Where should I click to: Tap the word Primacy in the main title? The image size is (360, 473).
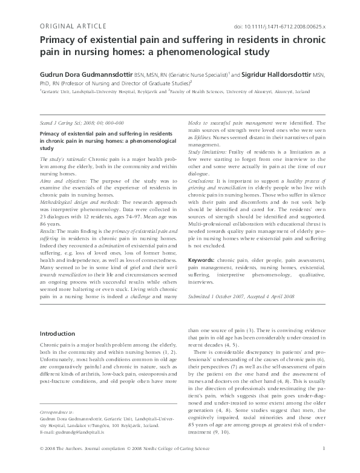coord(59,40)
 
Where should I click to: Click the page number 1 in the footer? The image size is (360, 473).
coord(325,465)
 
